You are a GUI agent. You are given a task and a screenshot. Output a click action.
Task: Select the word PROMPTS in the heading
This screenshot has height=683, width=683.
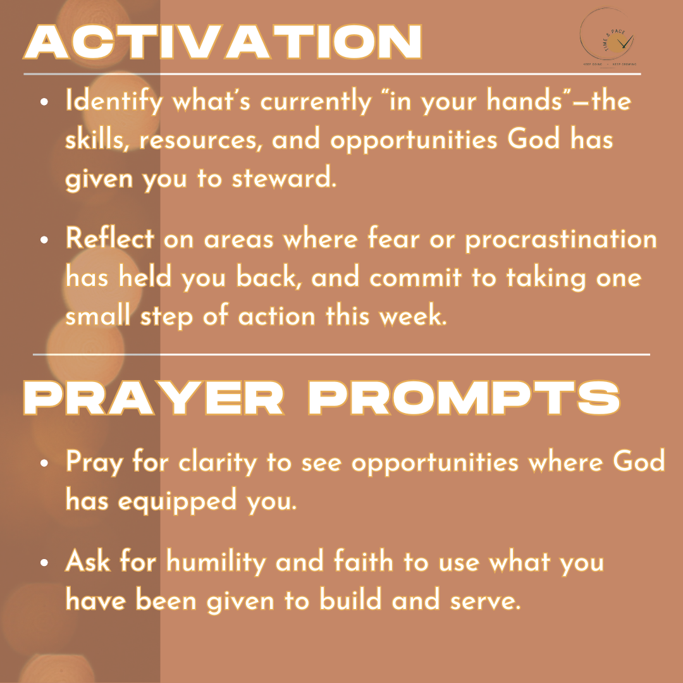pyautogui.click(x=464, y=398)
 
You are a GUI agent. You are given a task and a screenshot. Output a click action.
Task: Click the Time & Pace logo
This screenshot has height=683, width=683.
pyautogui.click(x=608, y=38)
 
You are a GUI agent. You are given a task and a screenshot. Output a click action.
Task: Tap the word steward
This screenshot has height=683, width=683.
pyautogui.click(x=284, y=178)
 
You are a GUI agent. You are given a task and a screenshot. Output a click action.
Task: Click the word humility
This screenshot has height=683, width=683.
pyautogui.click(x=216, y=562)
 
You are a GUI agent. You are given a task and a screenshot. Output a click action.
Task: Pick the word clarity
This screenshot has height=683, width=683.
pyautogui.click(x=218, y=462)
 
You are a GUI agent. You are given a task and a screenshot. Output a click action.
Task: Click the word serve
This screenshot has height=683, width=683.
pyautogui.click(x=485, y=601)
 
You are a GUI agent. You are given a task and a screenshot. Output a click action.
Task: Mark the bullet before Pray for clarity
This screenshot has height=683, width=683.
pyautogui.click(x=44, y=463)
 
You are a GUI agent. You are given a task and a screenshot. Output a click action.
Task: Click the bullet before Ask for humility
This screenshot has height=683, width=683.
pyautogui.click(x=44, y=562)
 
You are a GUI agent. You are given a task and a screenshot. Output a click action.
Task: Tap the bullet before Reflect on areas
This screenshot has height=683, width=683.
pyautogui.click(x=44, y=240)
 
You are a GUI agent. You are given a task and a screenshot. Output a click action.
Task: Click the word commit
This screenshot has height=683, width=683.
pyautogui.click(x=415, y=277)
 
